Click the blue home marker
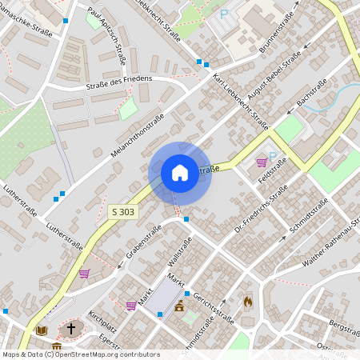179,173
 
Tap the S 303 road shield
122,212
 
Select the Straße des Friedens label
118,82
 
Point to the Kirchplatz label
102,322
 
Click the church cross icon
70,329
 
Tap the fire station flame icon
248,302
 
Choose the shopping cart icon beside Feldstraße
262,162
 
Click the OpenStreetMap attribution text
80,354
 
